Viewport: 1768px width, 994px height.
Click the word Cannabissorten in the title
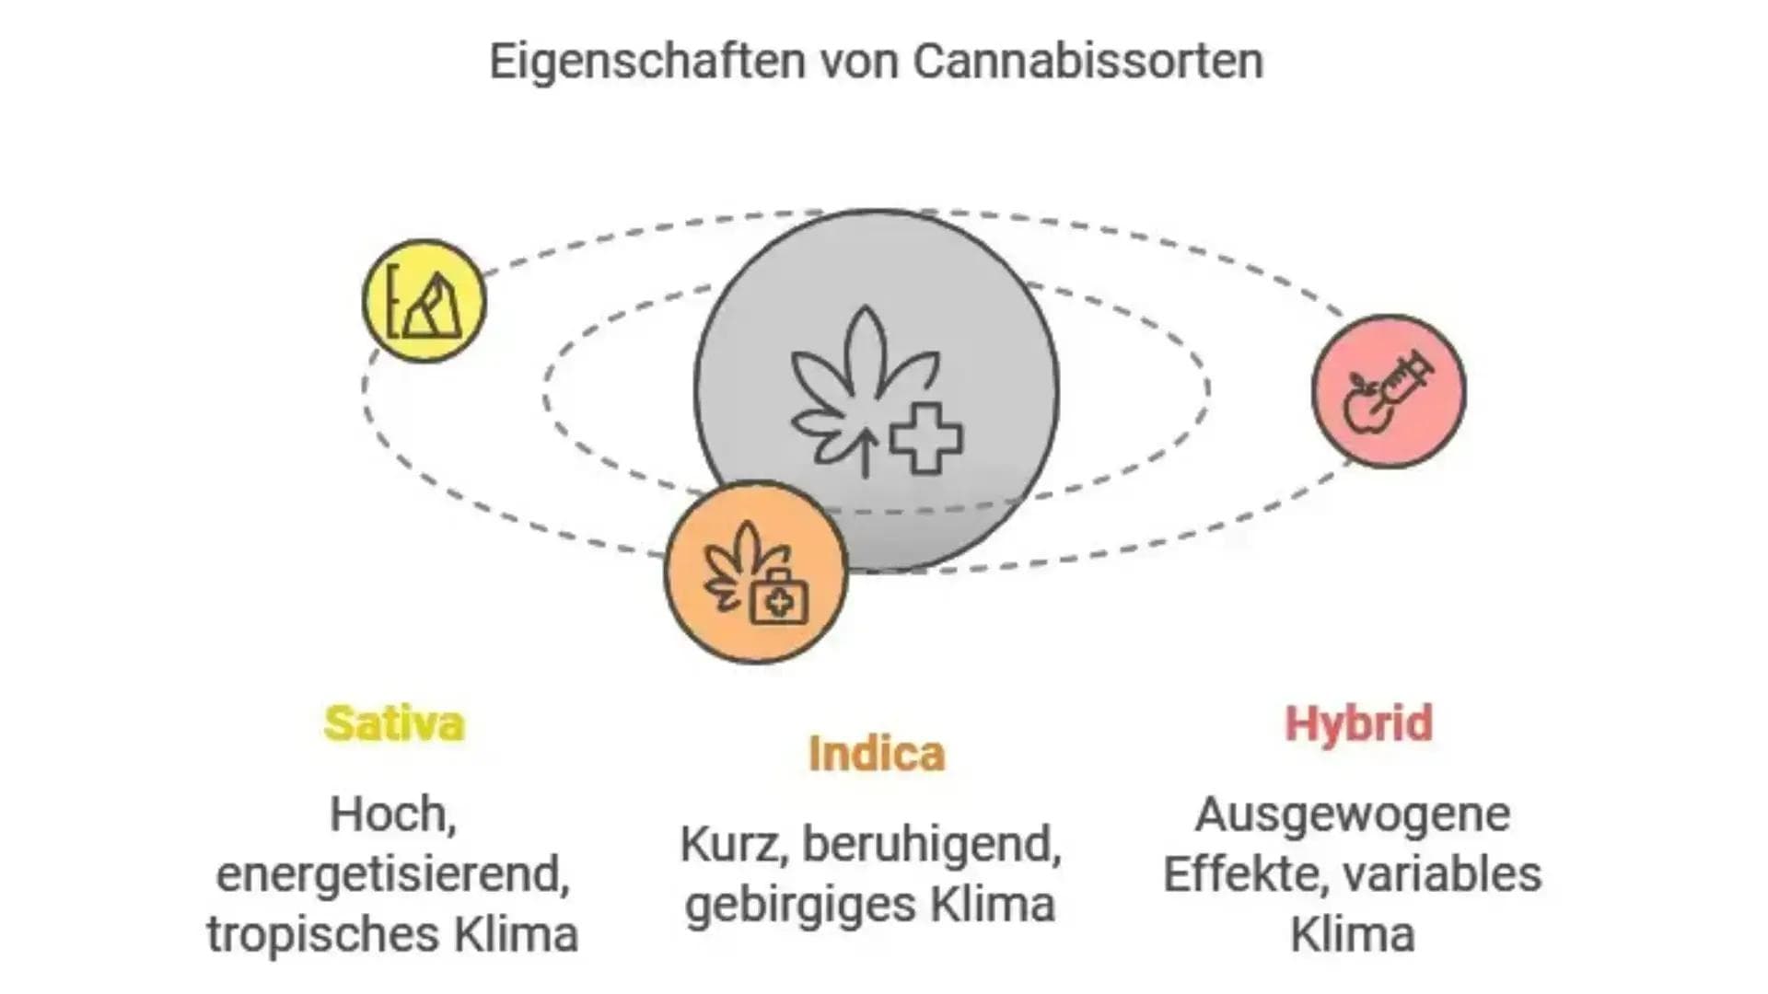(x=1088, y=62)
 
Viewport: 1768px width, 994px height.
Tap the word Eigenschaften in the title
(x=646, y=62)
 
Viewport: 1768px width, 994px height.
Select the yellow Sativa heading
(x=394, y=723)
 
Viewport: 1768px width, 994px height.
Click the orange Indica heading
(x=877, y=754)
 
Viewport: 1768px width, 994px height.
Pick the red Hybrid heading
(x=1358, y=723)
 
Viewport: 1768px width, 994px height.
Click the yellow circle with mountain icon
(x=425, y=301)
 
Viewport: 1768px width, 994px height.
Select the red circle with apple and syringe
(x=1389, y=391)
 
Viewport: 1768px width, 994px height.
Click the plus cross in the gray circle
(x=925, y=439)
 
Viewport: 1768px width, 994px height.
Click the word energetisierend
(x=392, y=873)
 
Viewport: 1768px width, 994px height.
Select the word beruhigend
(x=932, y=843)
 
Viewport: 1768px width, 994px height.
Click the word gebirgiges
(x=799, y=904)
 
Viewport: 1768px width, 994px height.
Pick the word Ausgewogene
(x=1352, y=815)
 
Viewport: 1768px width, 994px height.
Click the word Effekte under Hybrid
(x=1242, y=873)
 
